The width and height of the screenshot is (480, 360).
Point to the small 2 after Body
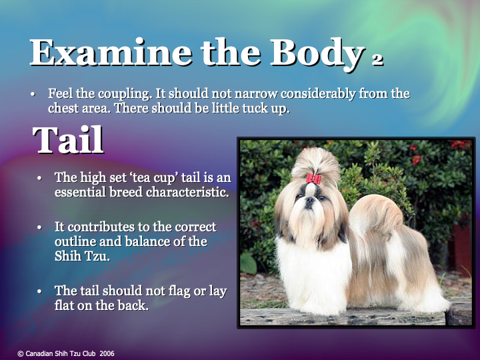[x=377, y=59]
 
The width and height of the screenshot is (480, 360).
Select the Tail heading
[x=68, y=140]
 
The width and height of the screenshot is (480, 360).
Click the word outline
[x=76, y=241]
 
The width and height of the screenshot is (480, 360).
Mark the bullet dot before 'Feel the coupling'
[x=32, y=94]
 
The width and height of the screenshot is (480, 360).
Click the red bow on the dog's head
[x=313, y=179]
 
